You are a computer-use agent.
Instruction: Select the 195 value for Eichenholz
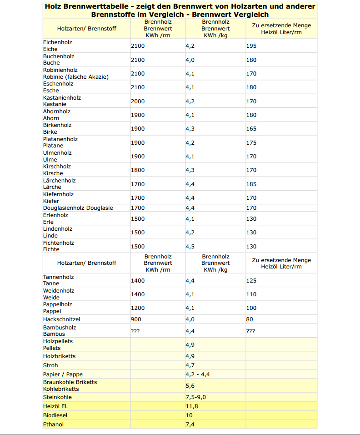251,46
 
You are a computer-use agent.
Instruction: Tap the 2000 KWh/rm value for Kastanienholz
138,101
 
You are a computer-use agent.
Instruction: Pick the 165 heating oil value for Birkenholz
251,129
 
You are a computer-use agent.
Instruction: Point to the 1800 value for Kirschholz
138,170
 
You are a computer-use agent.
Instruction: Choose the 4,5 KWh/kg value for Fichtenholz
190,247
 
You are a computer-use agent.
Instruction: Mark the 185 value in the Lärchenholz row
251,184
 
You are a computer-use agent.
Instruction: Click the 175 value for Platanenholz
251,143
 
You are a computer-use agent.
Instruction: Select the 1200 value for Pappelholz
138,308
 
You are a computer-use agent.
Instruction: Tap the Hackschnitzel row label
61,319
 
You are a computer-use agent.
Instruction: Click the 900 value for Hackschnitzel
135,319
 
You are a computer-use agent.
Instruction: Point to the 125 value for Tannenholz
251,281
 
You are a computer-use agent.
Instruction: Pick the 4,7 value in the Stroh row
190,365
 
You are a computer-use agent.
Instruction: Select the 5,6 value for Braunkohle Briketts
190,386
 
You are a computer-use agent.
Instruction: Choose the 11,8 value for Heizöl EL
192,406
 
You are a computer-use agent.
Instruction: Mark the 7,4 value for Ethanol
190,425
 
